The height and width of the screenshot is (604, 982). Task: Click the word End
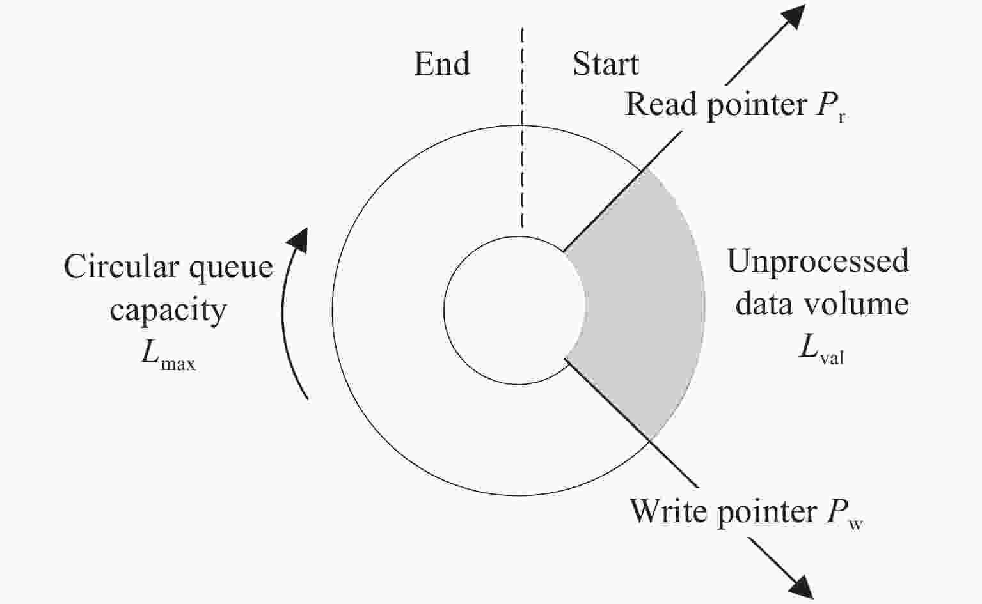(x=442, y=64)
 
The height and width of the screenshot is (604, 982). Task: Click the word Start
(x=606, y=64)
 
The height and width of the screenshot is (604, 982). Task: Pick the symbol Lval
(x=821, y=350)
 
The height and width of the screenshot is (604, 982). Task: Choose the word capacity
(x=168, y=312)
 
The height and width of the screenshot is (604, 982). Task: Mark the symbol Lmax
(x=168, y=357)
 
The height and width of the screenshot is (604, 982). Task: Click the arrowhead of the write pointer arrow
(x=802, y=587)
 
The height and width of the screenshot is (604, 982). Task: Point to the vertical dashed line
(x=522, y=128)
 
